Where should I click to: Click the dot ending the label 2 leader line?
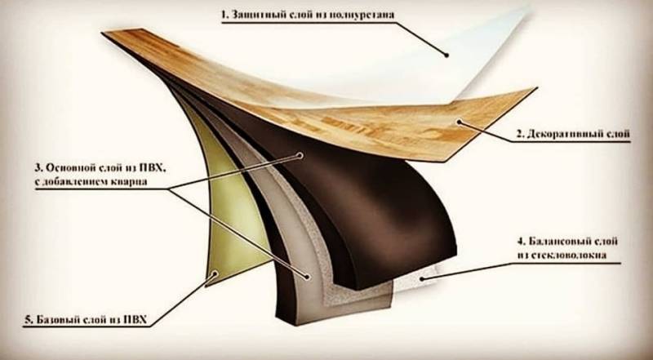(x=460, y=124)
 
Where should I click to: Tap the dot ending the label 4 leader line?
(x=421, y=278)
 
